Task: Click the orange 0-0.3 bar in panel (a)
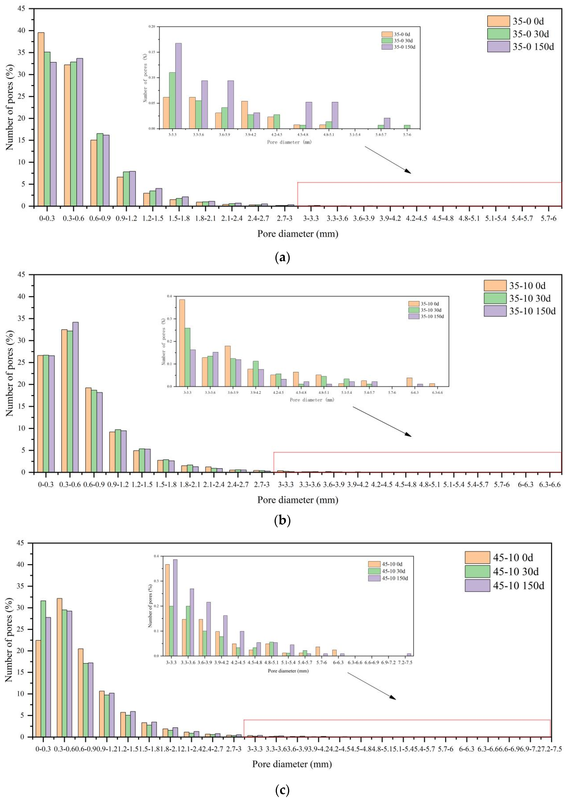pyautogui.click(x=41, y=119)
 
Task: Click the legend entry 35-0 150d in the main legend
pyautogui.click(x=521, y=47)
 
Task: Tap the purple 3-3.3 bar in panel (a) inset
pyautogui.click(x=178, y=86)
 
